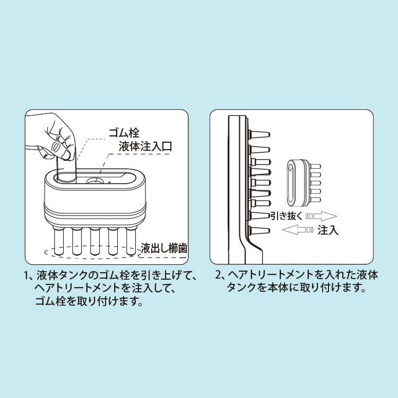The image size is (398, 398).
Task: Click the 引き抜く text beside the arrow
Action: [x=286, y=215]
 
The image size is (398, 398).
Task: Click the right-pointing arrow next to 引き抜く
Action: [x=322, y=216]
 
